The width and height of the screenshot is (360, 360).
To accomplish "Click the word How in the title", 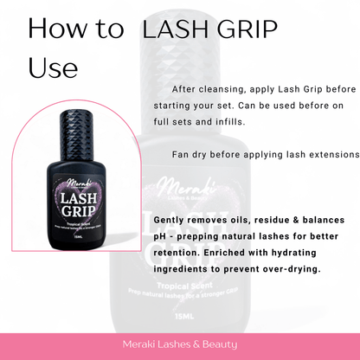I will [55, 29].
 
